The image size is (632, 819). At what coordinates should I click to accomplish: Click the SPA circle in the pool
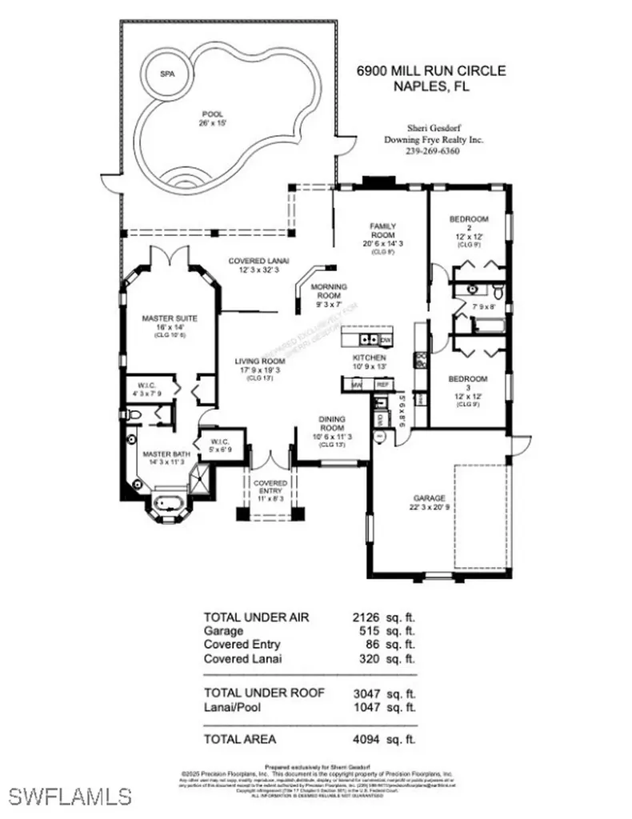pyautogui.click(x=167, y=74)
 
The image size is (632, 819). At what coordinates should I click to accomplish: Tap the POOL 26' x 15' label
pyautogui.click(x=213, y=119)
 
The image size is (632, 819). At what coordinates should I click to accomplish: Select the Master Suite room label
pyautogui.click(x=170, y=324)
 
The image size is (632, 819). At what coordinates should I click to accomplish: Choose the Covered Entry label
pyautogui.click(x=270, y=489)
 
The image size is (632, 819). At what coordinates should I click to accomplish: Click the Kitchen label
pyautogui.click(x=370, y=362)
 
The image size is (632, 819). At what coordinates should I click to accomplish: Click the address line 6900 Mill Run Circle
pyautogui.click(x=431, y=71)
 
